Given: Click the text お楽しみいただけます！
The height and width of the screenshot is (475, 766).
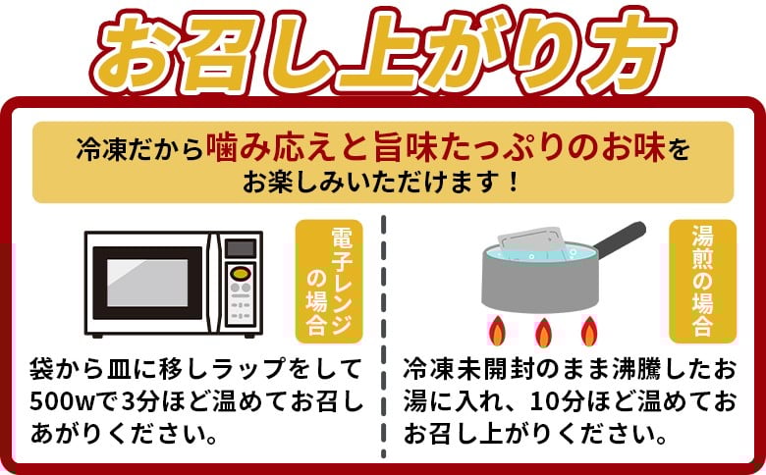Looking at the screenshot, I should coord(383,183).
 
